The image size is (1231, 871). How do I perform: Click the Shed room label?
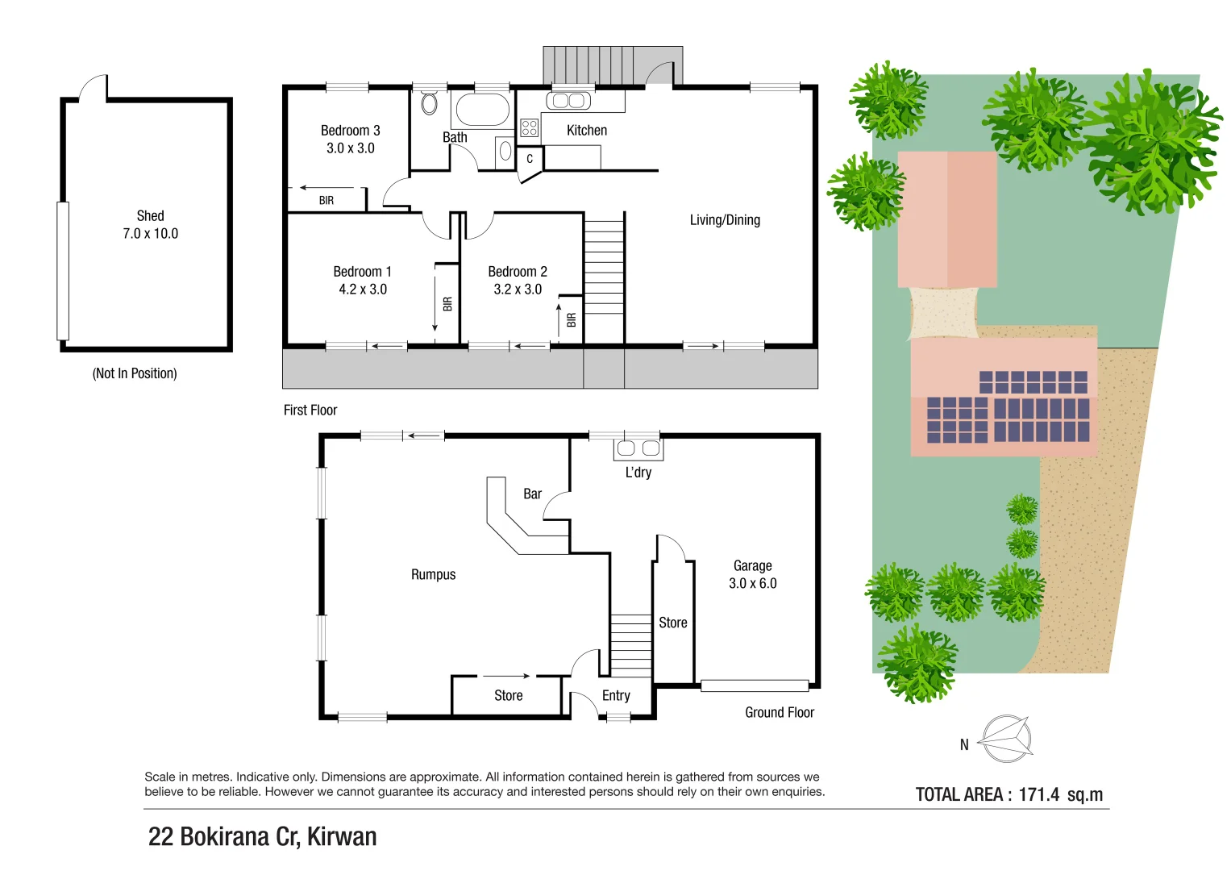[150, 216]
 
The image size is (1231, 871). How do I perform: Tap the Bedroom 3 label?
[350, 131]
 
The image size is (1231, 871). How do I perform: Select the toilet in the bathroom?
[430, 102]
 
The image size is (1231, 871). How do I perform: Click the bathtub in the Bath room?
[482, 110]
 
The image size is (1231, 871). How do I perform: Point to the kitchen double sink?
[568, 101]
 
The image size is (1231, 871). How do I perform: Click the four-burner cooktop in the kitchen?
[529, 127]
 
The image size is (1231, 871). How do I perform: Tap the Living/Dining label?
[725, 220]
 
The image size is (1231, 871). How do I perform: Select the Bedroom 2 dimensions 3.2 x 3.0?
[518, 290]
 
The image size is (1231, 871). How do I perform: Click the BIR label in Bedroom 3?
[326, 201]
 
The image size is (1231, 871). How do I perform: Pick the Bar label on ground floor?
[532, 494]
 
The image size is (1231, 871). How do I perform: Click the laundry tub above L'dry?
[638, 448]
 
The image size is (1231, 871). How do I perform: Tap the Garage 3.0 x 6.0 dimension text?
[752, 584]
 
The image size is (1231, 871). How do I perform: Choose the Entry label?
[616, 696]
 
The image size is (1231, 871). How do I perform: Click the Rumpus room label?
[433, 575]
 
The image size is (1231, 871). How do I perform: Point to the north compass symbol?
[1006, 739]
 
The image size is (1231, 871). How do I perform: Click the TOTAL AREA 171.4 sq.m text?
[1009, 795]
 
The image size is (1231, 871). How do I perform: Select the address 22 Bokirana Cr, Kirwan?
[262, 837]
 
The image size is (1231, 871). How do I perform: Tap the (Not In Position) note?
[135, 373]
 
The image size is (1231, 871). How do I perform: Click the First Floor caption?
[310, 410]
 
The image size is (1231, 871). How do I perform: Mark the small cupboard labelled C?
[530, 160]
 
